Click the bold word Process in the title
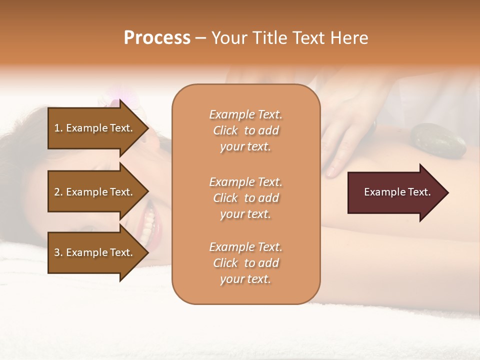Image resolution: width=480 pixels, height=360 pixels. (157, 38)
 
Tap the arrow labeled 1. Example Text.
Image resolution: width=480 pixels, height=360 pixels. (95, 128)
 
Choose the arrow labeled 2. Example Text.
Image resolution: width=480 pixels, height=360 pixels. (95, 192)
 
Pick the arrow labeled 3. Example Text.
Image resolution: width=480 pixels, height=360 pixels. (95, 252)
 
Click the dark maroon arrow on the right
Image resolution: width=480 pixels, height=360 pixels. (395, 192)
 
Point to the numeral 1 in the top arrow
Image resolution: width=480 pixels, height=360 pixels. (57, 128)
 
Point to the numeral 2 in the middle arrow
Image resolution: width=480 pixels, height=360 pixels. (57, 192)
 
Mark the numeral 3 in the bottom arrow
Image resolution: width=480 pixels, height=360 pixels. (57, 252)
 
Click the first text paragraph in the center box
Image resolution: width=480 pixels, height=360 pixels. (245, 130)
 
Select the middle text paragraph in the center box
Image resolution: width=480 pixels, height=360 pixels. (245, 198)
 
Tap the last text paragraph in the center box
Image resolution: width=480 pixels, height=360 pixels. (245, 263)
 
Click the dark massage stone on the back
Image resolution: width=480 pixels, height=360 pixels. (438, 140)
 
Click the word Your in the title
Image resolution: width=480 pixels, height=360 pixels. (228, 38)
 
